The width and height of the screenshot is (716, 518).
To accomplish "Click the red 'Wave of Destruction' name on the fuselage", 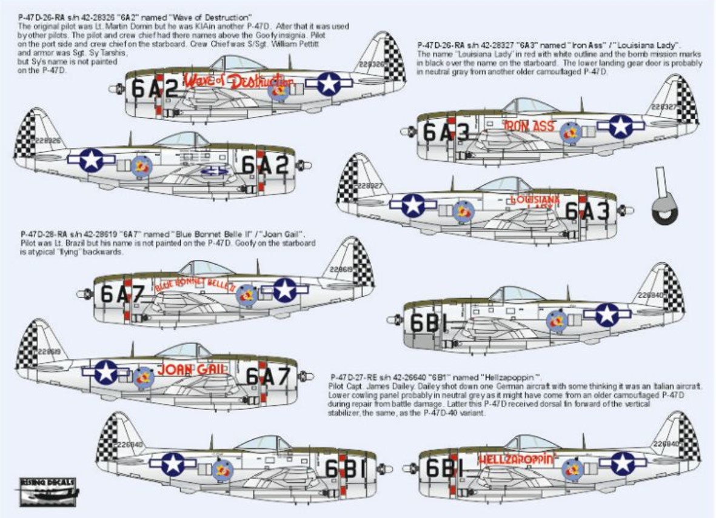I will coord(238,81).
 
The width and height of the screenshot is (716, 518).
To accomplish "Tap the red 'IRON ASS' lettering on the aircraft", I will coord(529,126).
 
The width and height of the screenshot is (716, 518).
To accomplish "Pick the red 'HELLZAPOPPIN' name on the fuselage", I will coord(517,459).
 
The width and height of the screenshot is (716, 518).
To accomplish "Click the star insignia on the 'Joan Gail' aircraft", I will coord(107,372).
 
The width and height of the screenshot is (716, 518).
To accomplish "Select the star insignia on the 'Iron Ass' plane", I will coord(621,125).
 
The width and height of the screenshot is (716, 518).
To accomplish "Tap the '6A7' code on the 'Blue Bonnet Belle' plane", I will coord(122,294).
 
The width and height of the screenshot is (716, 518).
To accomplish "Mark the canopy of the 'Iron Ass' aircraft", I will coord(530,105).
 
